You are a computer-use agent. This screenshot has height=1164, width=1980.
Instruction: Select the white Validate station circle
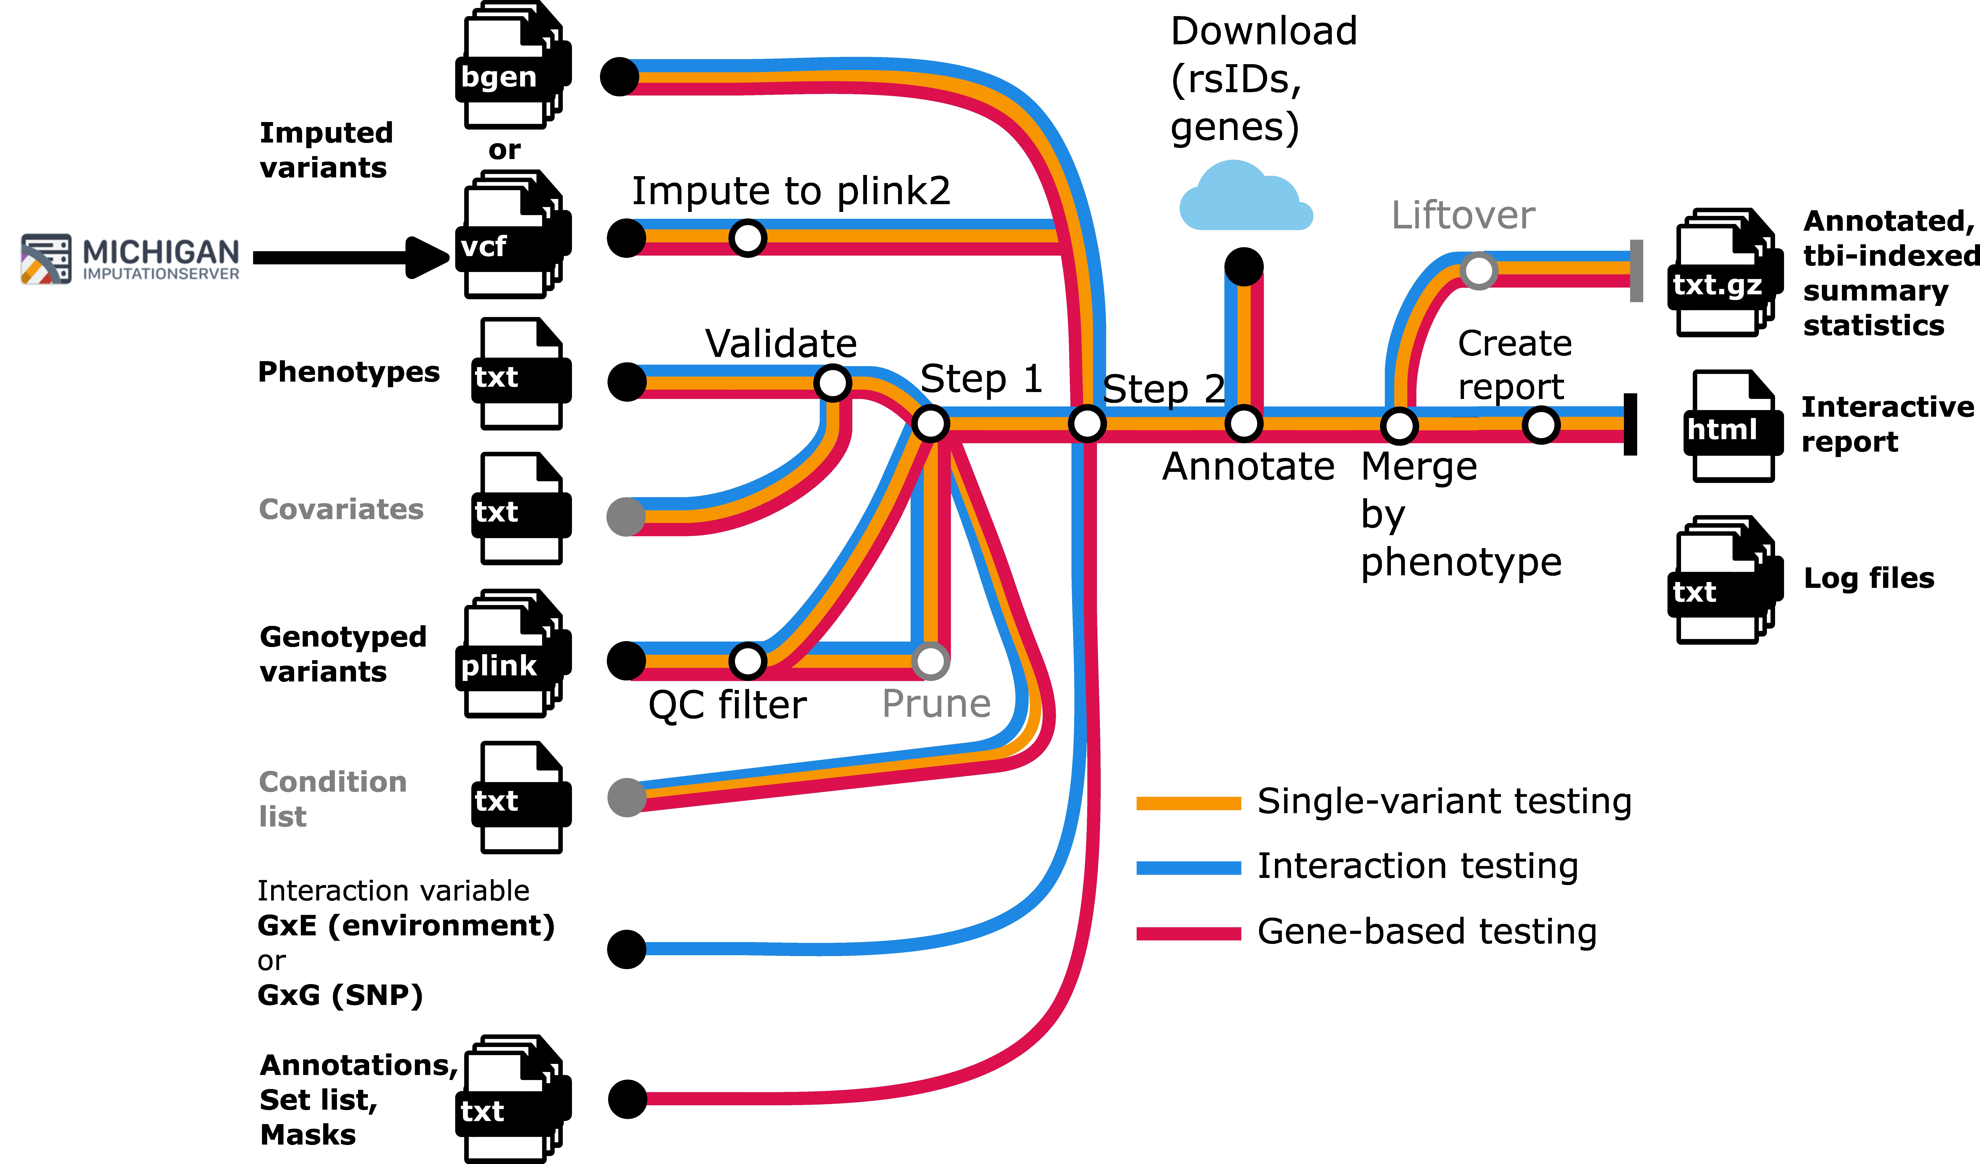point(832,383)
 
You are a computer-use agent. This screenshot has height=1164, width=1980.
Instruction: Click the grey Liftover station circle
point(1478,271)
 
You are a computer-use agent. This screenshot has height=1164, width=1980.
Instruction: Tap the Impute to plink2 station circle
point(747,237)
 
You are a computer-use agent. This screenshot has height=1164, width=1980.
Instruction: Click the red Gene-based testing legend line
point(1188,934)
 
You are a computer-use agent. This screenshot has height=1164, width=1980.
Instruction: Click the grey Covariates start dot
point(626,517)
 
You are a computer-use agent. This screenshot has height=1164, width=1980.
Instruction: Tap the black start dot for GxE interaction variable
point(626,949)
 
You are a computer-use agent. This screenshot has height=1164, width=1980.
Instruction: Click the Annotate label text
point(1248,467)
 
